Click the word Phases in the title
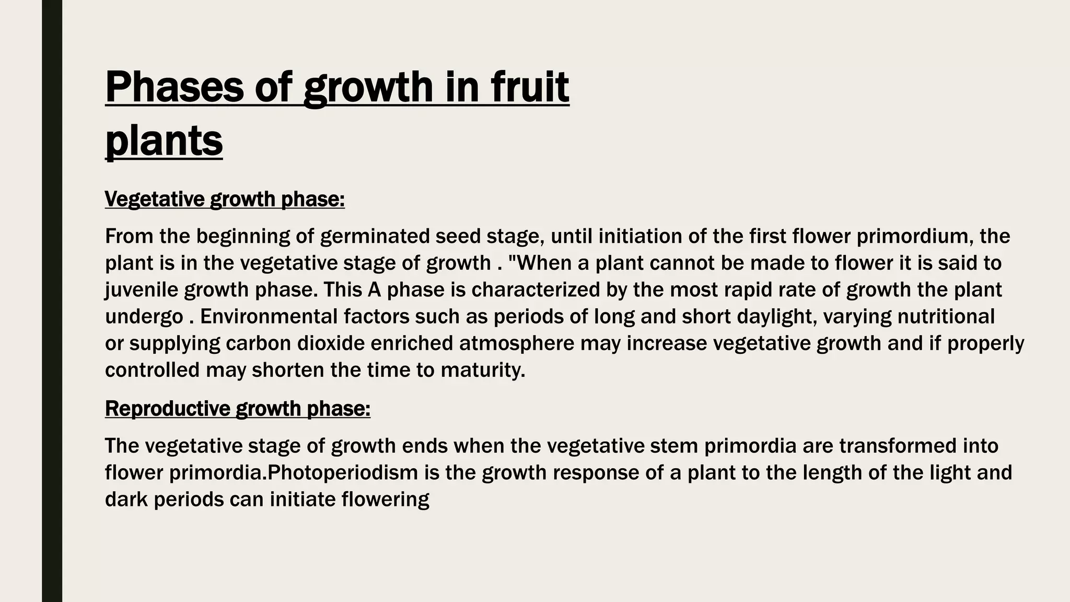(175, 87)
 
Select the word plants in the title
(164, 141)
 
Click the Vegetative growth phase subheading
(225, 199)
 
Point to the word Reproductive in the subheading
(167, 408)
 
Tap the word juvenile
(141, 290)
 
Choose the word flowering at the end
(385, 500)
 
